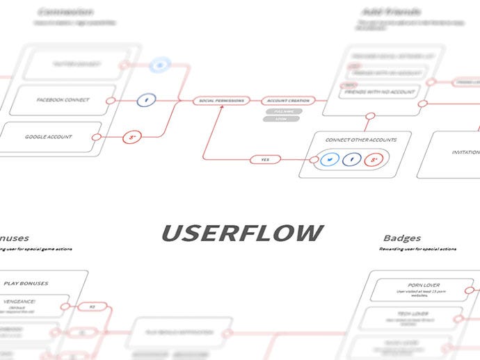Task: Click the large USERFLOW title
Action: coord(243,233)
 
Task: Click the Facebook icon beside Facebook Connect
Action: coord(145,100)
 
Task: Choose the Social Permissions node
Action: coord(221,101)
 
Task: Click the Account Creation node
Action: coord(288,101)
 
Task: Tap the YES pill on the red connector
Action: coord(265,160)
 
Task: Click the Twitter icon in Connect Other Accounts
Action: coord(330,161)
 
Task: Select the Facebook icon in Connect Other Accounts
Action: coord(352,161)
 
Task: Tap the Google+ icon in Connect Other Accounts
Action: coord(374,161)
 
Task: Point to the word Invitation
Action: coord(465,152)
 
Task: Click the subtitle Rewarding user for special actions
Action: coord(417,249)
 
